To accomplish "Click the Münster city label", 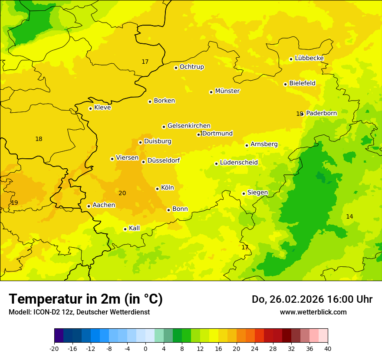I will tap(227, 91).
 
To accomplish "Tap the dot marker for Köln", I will tap(157, 189).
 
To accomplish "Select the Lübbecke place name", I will tap(309, 58).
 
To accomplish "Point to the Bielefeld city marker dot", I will tap(285, 84).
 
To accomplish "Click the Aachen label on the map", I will tap(104, 205).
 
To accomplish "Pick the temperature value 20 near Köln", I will tap(122, 193).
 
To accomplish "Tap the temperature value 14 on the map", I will tap(349, 216).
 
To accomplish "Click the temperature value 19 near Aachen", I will tap(14, 203).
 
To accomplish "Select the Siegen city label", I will tap(257, 193).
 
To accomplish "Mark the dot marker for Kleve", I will tap(90, 108).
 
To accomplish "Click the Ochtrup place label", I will tap(191, 67).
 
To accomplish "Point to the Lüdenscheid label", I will tap(239, 163).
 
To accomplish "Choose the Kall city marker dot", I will tap(125, 229).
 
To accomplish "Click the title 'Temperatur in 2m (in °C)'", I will tap(86, 299).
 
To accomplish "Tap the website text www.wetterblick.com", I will tap(313, 312).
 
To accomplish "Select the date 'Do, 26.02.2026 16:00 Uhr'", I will tap(312, 299).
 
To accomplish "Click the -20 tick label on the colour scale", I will tap(54, 348).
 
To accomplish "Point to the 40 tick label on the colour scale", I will tap(328, 348).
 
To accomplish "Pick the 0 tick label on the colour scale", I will tap(145, 348).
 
